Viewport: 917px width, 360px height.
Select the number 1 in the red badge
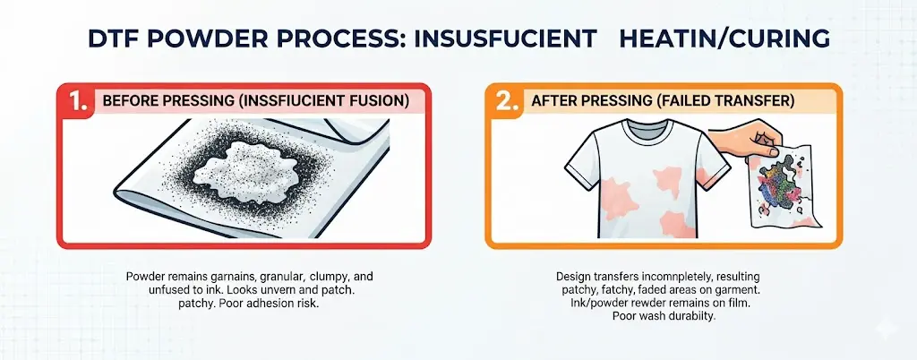[78, 101]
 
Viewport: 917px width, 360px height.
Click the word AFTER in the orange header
[550, 100]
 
